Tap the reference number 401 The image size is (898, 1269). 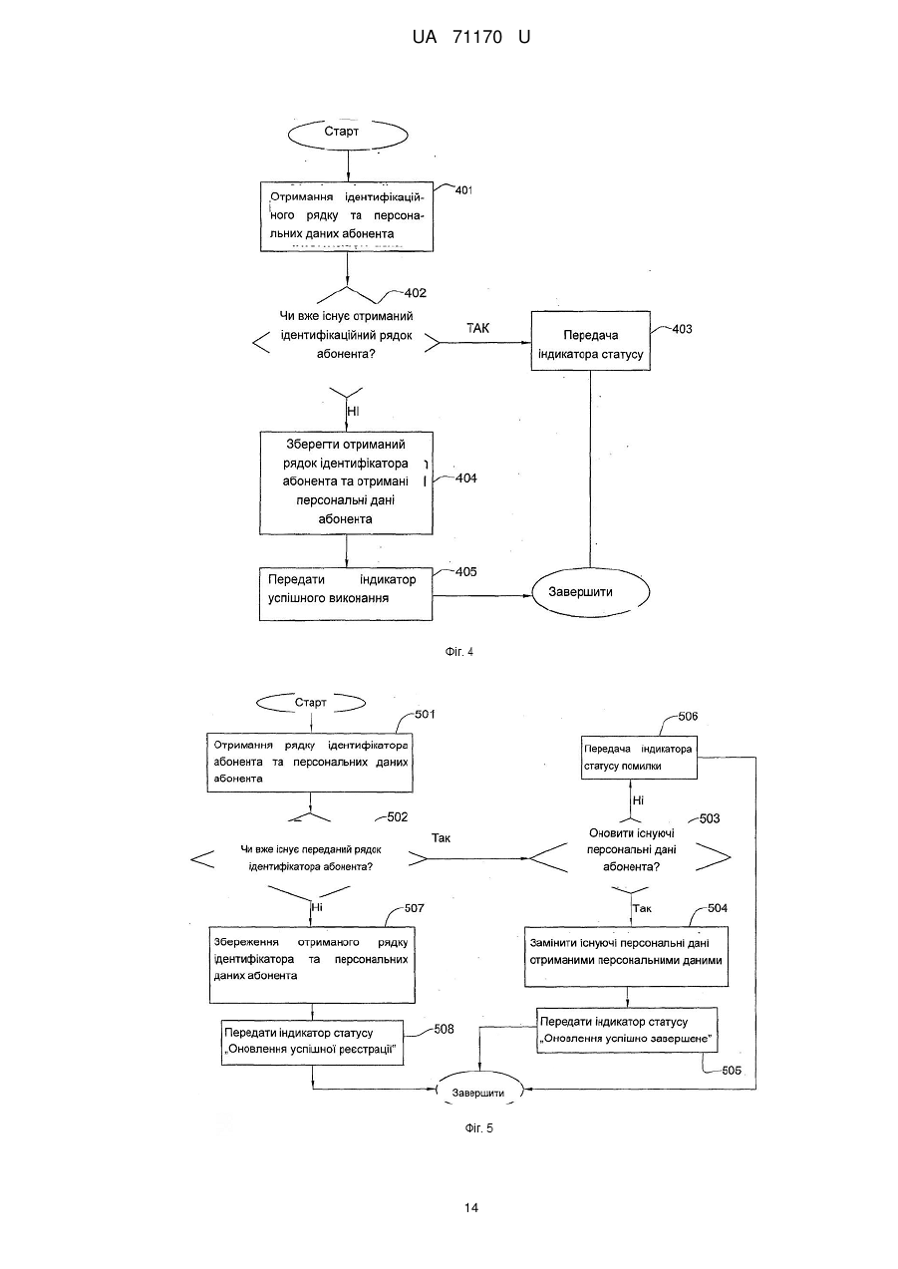tap(463, 190)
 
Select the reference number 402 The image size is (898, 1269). tap(416, 293)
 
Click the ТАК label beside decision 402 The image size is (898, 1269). tap(477, 328)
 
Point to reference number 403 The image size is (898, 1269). tap(682, 329)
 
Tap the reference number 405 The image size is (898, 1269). tap(466, 571)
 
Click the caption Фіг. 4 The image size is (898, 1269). tap(458, 652)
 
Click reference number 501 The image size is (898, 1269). tap(425, 715)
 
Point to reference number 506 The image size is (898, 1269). tap(688, 717)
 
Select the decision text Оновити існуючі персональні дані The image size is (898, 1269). tap(632, 849)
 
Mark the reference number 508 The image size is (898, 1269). tap(444, 1030)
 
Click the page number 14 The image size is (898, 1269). tap(471, 1208)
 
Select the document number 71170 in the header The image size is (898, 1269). tap(477, 37)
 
